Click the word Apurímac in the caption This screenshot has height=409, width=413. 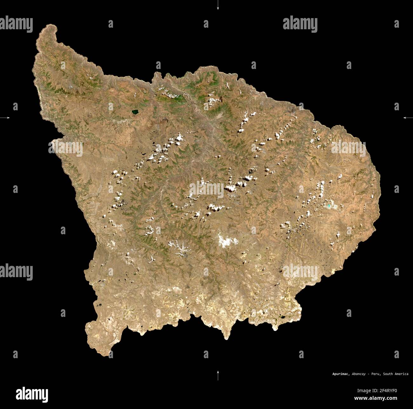341,374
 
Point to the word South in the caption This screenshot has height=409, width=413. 388,374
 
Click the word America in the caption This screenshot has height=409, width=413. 402,374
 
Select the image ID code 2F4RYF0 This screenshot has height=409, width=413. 387,391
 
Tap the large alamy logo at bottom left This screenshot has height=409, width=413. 32,394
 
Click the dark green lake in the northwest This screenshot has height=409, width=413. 135,112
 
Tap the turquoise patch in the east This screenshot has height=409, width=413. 330,206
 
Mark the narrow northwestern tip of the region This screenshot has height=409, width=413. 48,30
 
